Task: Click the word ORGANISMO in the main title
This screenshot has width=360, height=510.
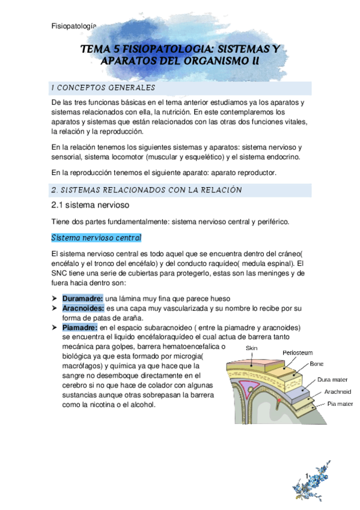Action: tap(198, 61)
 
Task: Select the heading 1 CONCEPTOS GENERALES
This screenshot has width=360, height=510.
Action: tap(103, 88)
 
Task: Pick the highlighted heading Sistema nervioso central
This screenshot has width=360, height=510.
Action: tap(96, 237)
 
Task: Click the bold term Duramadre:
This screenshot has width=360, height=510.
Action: tap(83, 299)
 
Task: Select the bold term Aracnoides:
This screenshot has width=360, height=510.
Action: tap(84, 309)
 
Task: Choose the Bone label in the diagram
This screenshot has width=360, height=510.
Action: tap(317, 364)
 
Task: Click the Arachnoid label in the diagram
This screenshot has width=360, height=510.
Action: tap(337, 391)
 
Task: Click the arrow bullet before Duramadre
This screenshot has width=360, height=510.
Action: tap(56, 299)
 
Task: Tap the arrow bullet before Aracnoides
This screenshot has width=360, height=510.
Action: tap(56, 309)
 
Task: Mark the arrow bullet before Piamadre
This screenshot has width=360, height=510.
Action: tap(56, 328)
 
